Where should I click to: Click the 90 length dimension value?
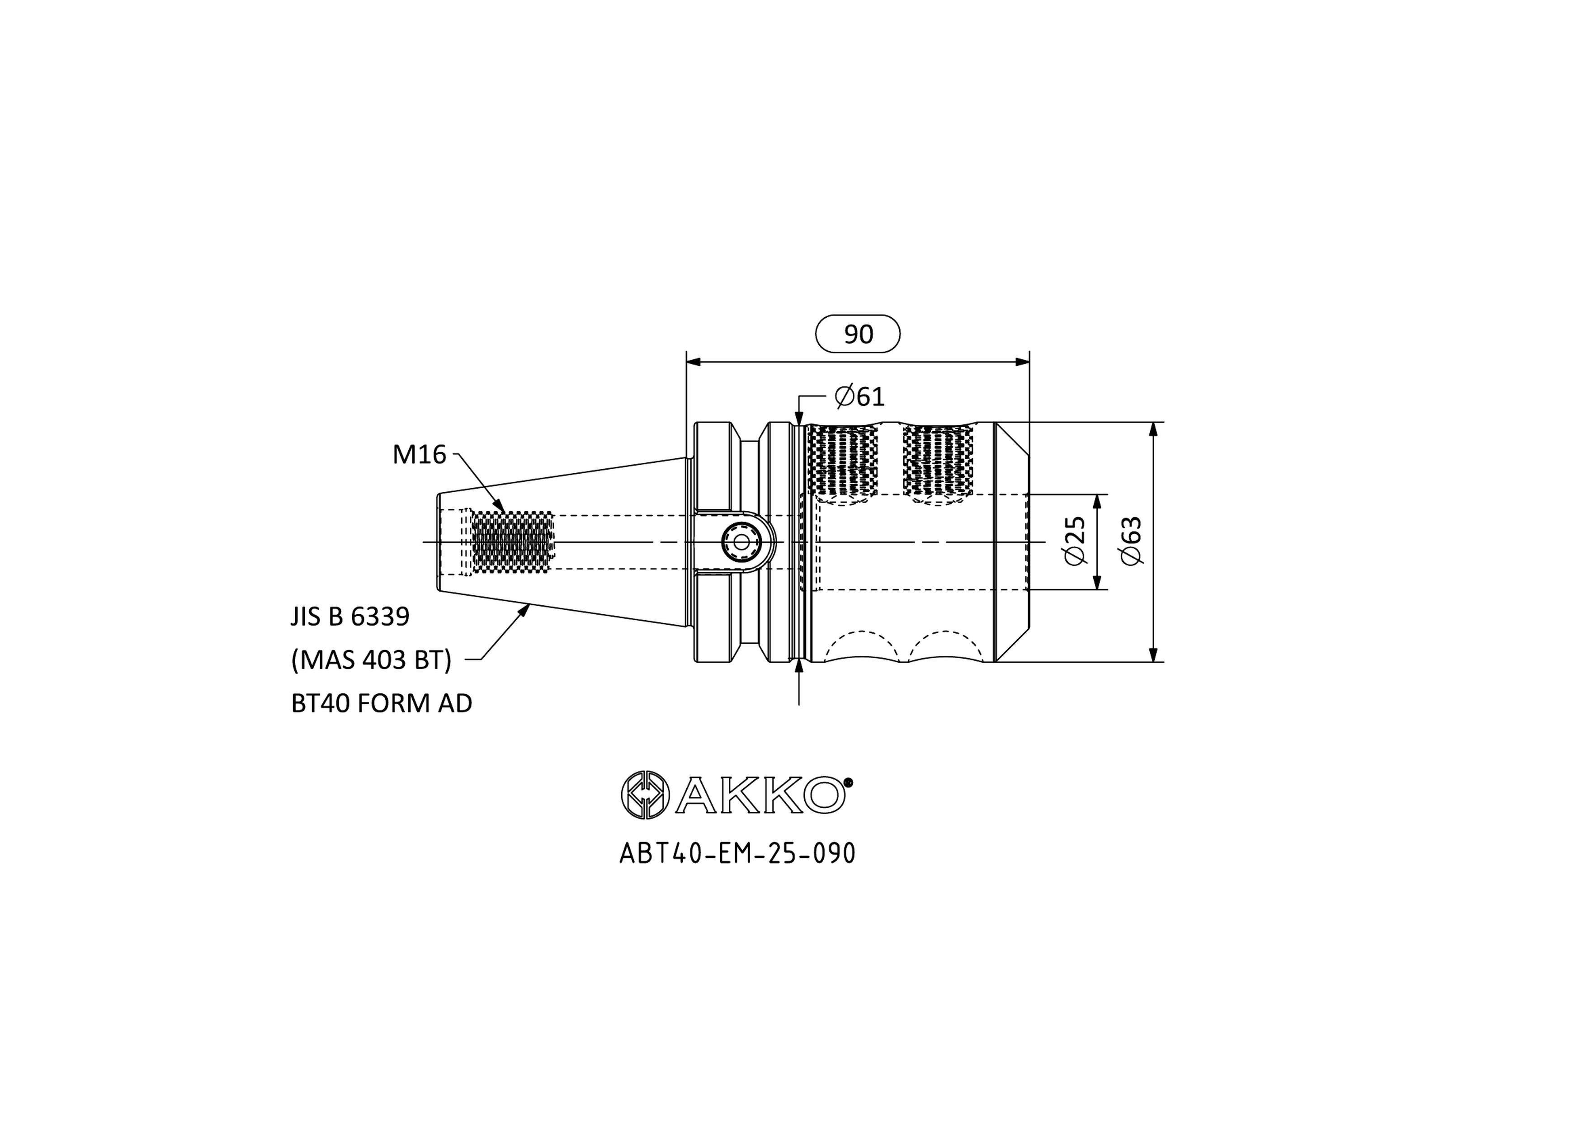pyautogui.click(x=858, y=334)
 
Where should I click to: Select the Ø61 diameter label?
pyautogui.click(x=859, y=396)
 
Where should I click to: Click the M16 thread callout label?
pyautogui.click(x=419, y=454)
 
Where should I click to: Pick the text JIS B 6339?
pyautogui.click(x=350, y=616)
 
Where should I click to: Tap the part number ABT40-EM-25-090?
pyautogui.click(x=737, y=854)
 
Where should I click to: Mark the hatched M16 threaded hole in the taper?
pyautogui.click(x=513, y=542)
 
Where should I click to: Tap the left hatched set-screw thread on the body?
pyautogui.click(x=842, y=460)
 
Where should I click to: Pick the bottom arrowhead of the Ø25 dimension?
pyautogui.click(x=1098, y=582)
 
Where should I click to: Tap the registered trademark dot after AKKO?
pyautogui.click(x=849, y=782)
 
